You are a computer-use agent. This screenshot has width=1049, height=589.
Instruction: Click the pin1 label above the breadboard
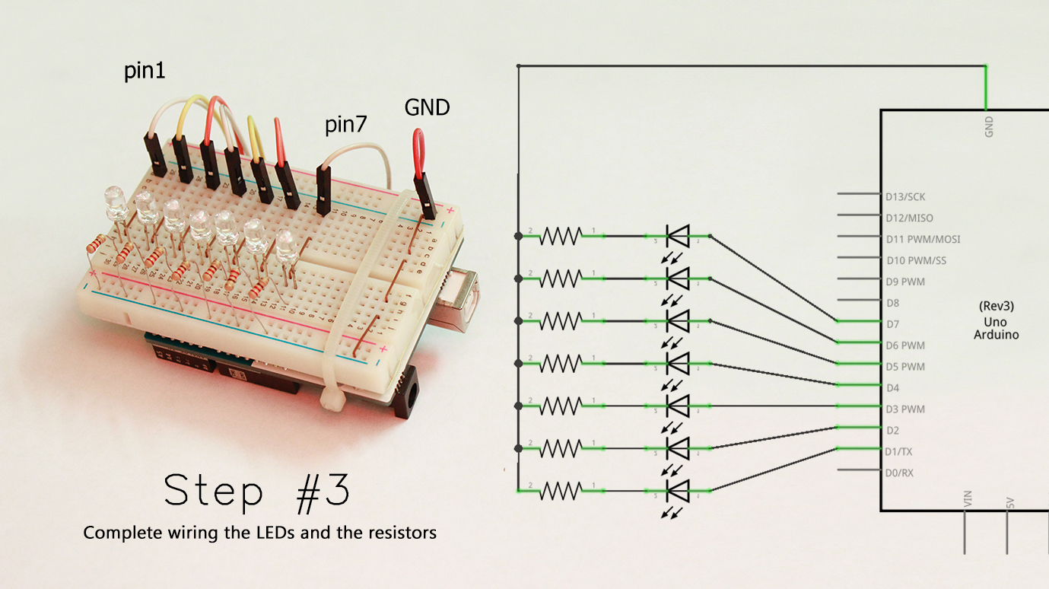click(x=145, y=72)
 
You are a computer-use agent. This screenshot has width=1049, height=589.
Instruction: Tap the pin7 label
click(x=346, y=125)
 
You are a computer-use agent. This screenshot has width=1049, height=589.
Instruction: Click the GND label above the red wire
click(x=427, y=108)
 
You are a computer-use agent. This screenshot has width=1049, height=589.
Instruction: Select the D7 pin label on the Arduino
click(x=892, y=324)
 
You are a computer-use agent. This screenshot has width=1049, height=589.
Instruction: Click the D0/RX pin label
click(x=899, y=473)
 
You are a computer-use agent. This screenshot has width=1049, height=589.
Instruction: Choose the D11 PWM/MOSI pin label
click(x=923, y=239)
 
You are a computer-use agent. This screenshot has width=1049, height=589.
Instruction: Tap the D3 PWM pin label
click(x=905, y=409)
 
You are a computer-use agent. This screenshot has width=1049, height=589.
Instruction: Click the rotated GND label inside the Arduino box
click(x=988, y=126)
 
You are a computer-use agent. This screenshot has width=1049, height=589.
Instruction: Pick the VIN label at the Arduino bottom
click(x=968, y=499)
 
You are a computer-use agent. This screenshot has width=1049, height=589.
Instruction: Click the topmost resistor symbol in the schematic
click(x=561, y=237)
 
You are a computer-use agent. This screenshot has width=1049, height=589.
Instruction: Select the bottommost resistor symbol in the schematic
click(x=561, y=492)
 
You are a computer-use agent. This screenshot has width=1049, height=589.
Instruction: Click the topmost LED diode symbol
click(x=677, y=237)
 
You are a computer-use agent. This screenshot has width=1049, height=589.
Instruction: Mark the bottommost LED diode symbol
click(x=677, y=492)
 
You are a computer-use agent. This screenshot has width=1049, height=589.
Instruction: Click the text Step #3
click(x=257, y=492)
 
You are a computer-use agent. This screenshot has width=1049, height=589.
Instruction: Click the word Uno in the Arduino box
click(x=996, y=321)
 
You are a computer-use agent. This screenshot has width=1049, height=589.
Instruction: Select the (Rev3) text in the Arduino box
click(x=996, y=307)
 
